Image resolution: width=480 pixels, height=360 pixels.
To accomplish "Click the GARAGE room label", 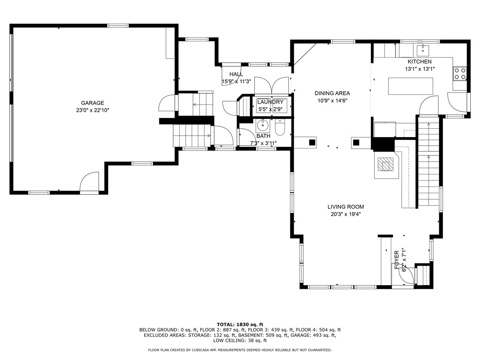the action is tap(92, 103).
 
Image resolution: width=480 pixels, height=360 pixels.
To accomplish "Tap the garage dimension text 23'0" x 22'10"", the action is tap(92, 110).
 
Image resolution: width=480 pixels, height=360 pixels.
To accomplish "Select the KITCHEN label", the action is tap(420, 62).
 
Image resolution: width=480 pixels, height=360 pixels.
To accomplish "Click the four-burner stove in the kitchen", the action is tap(460, 74).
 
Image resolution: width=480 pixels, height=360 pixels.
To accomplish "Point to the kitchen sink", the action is tap(423, 50).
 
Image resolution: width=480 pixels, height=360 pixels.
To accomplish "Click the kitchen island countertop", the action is tap(410, 86).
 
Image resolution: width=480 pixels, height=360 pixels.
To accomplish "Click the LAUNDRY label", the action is tap(270, 102).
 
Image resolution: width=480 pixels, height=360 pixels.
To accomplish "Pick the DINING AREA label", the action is tap(332, 93).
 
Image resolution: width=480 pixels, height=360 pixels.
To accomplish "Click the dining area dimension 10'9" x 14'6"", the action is tap(332, 101).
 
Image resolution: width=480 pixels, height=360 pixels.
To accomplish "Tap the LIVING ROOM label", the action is tap(346, 206).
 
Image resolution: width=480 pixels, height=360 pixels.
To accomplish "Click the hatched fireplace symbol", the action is tap(385, 164).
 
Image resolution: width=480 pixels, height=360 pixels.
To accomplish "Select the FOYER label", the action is tap(397, 260).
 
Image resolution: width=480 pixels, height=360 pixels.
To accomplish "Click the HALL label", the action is tap(236, 74).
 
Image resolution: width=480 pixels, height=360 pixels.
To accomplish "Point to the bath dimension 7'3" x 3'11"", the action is tap(263, 143).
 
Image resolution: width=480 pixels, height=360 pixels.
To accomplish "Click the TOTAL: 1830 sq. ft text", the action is tap(240, 324).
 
